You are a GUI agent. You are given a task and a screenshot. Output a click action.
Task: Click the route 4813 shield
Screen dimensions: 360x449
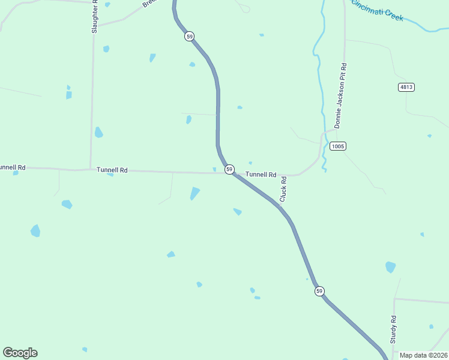tap(406, 87)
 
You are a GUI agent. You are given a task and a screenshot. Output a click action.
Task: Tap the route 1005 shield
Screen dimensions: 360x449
tap(338, 146)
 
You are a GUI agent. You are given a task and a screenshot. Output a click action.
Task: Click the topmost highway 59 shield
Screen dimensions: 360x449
tap(190, 37)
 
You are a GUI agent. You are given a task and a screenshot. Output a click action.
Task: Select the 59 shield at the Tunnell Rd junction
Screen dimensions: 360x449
tap(229, 170)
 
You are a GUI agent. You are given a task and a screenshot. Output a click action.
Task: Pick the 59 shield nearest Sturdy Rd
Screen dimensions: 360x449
tap(319, 291)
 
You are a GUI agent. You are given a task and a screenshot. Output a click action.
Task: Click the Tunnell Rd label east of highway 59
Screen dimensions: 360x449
tap(261, 175)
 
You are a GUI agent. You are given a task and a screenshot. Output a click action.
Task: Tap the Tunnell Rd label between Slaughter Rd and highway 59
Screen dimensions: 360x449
tap(112, 170)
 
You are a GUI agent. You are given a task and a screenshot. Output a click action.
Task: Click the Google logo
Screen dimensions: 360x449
tap(20, 353)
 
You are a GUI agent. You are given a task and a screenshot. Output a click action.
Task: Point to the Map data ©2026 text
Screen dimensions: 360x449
tap(423, 355)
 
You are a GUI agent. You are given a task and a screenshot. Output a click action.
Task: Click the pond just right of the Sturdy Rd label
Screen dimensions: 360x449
tap(431, 326)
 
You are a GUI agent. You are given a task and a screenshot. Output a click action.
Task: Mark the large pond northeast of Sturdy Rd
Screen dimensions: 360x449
tap(390, 267)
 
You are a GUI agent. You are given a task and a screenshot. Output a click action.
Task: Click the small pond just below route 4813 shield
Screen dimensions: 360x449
tap(429, 136)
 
